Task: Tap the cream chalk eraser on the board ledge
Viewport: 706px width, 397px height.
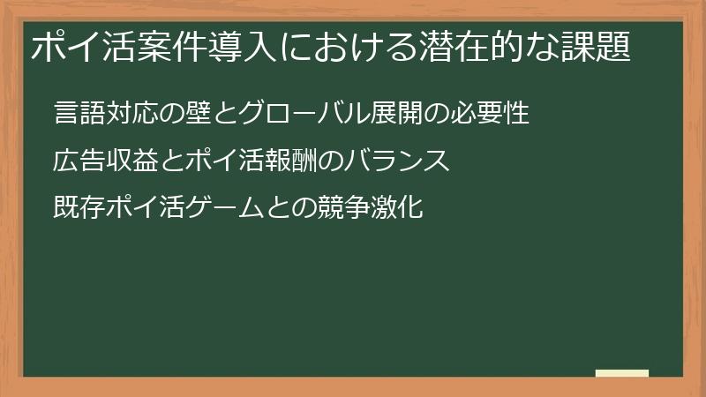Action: click(x=622, y=374)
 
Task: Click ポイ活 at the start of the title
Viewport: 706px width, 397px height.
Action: click(x=77, y=48)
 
